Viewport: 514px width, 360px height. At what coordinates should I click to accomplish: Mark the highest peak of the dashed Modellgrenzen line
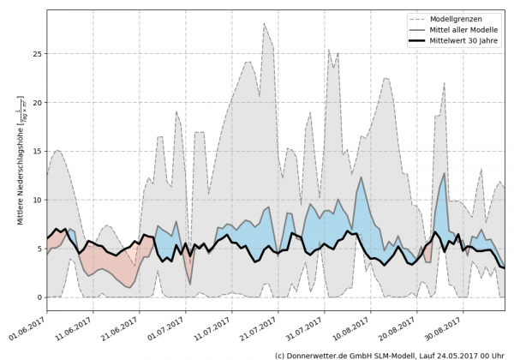[x=265, y=24]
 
